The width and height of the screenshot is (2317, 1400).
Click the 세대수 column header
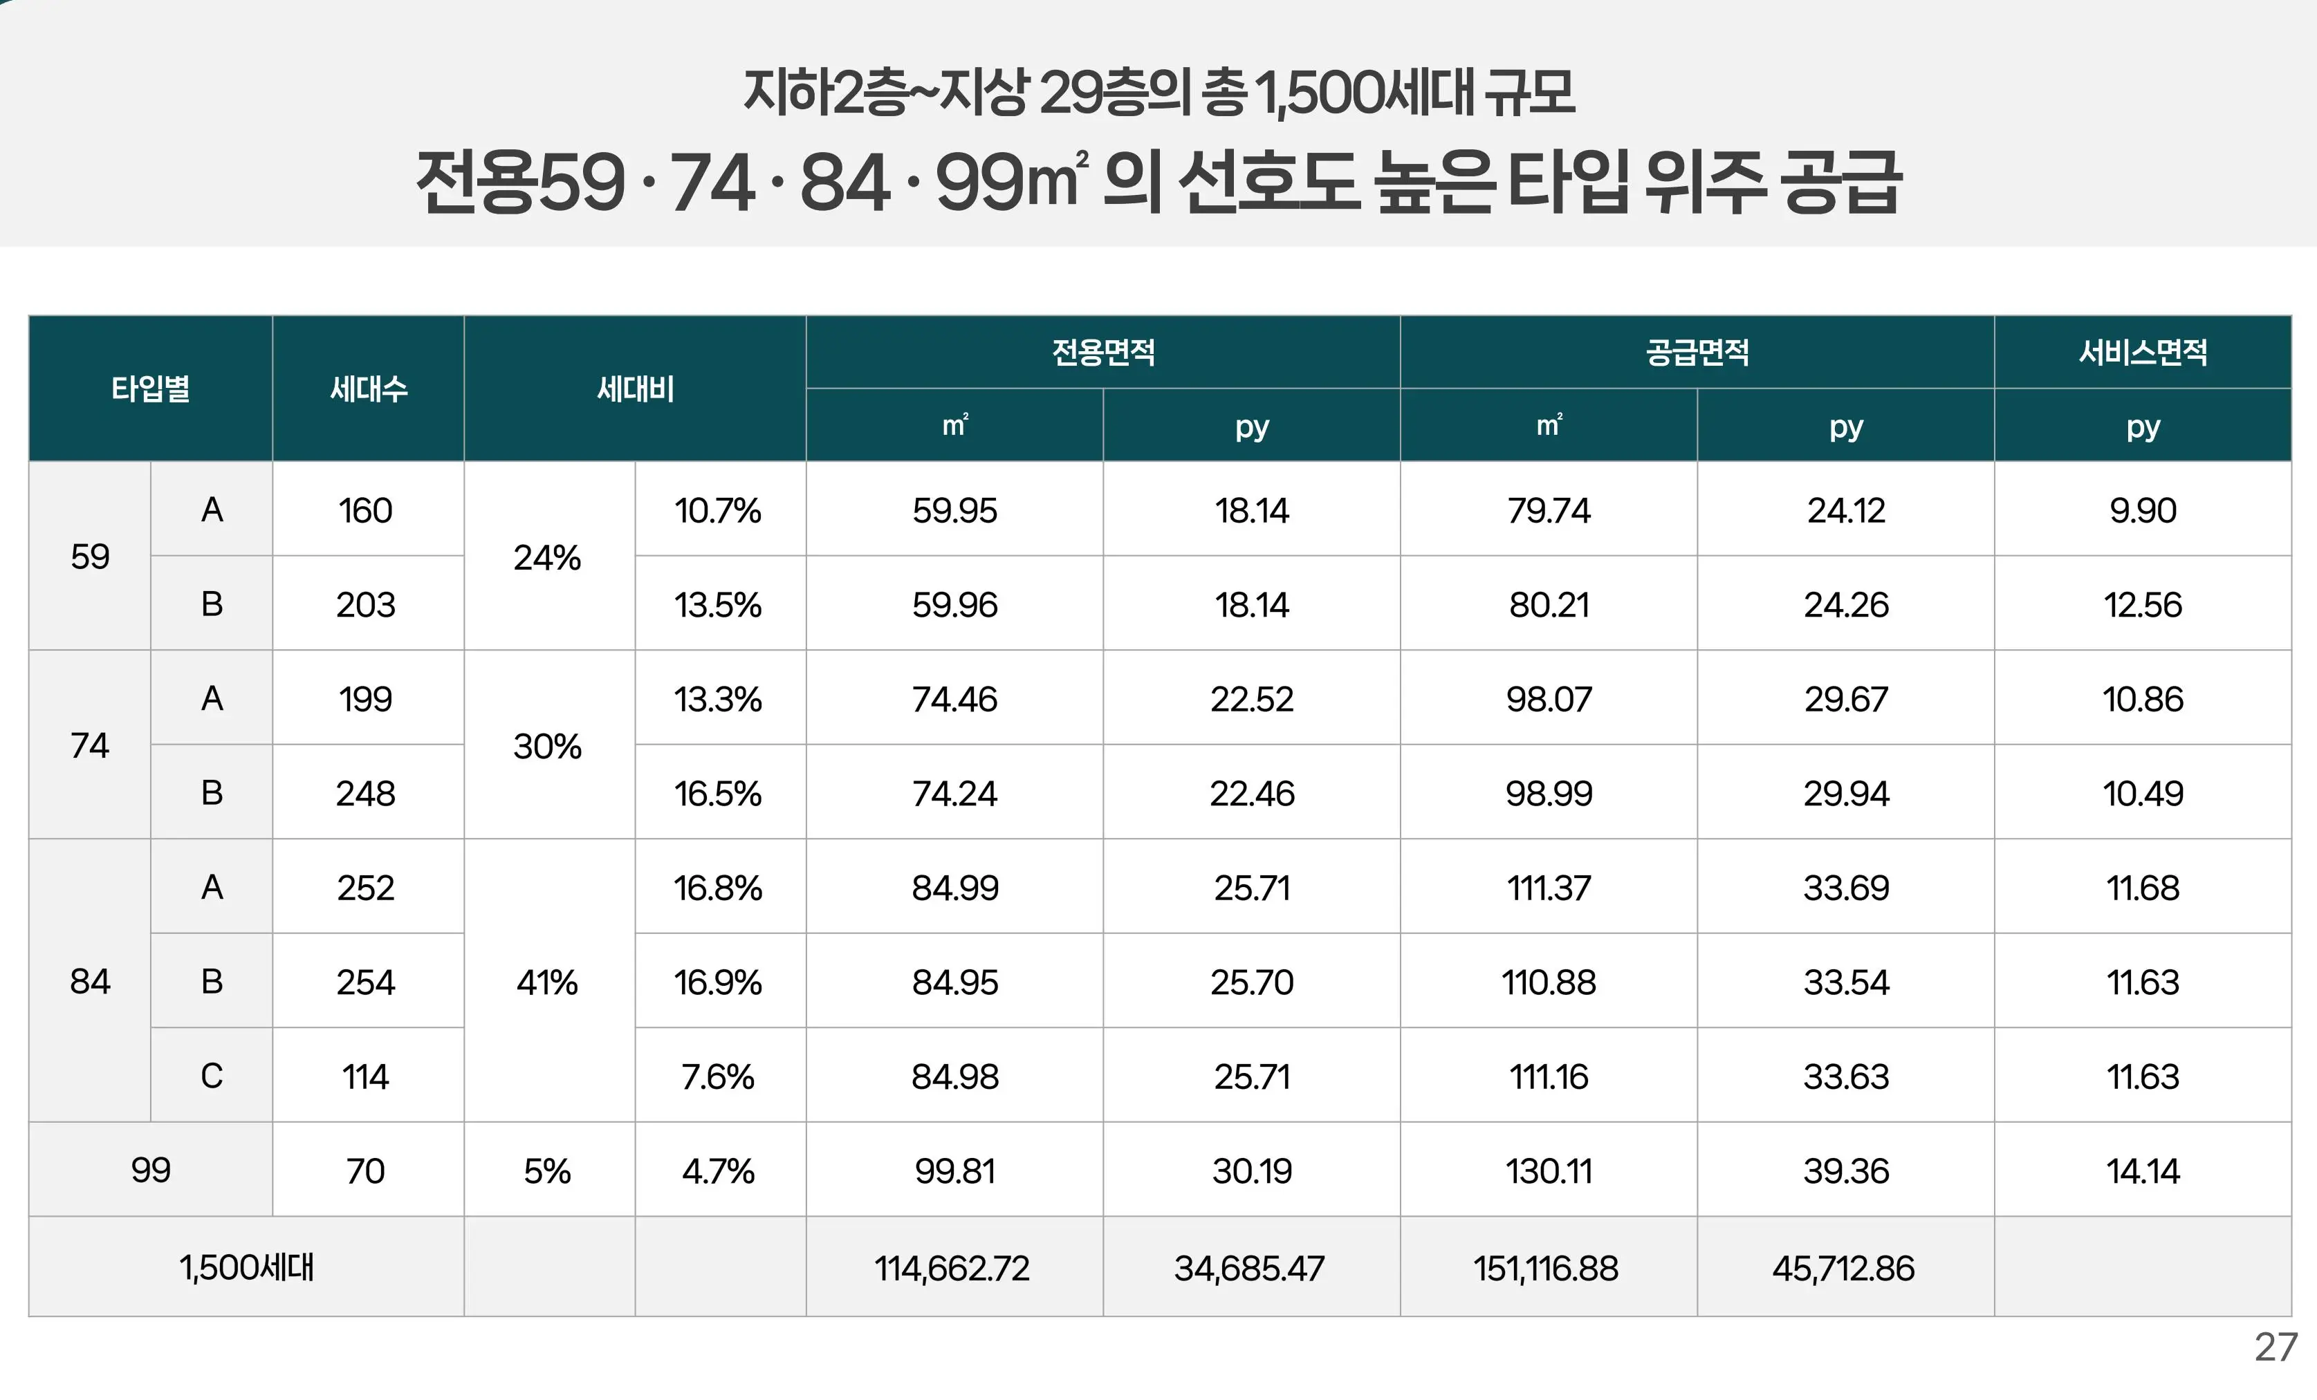point(368,389)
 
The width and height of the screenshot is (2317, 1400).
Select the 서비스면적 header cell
point(2142,352)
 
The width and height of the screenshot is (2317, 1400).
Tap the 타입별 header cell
point(151,389)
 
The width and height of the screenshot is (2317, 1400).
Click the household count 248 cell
point(366,794)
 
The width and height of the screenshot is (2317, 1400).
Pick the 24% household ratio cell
point(547,557)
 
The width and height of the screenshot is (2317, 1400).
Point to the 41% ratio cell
point(547,982)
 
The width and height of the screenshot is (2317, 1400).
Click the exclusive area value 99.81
point(954,1170)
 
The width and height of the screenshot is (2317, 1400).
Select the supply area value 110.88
point(1548,982)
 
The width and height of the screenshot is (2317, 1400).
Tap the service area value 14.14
point(2142,1170)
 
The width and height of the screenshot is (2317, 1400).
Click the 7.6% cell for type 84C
point(719,1076)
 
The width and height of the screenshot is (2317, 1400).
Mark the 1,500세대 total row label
point(246,1267)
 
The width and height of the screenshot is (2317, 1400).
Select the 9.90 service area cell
point(2142,510)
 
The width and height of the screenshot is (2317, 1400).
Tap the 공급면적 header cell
point(1697,352)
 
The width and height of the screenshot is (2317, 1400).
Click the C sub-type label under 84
point(212,1076)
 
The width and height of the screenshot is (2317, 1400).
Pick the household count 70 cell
point(366,1170)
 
